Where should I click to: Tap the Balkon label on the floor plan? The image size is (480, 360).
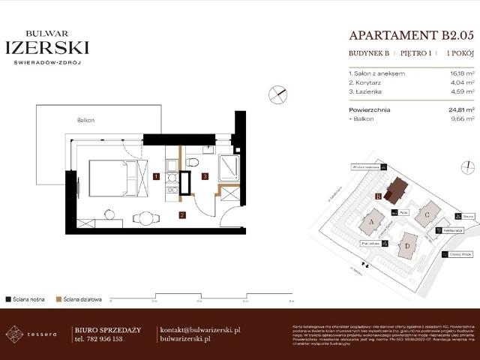(85, 120)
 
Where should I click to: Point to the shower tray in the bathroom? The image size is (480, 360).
(228, 167)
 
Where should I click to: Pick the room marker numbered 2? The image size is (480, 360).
(181, 214)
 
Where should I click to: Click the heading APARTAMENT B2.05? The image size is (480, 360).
(412, 35)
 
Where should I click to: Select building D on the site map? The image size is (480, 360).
(407, 244)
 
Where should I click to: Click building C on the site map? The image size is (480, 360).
(427, 214)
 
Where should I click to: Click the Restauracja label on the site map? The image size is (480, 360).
(451, 231)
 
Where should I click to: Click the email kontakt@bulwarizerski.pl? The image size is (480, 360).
(200, 329)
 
